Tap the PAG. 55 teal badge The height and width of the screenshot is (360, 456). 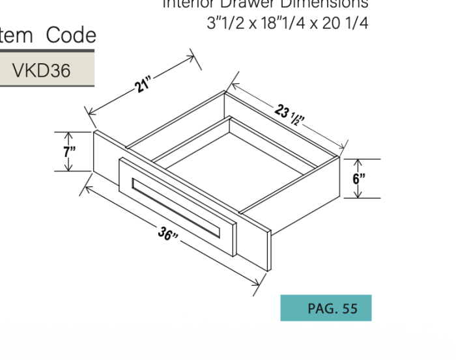326,308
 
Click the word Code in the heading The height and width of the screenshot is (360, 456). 70,35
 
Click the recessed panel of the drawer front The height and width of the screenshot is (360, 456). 176,205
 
